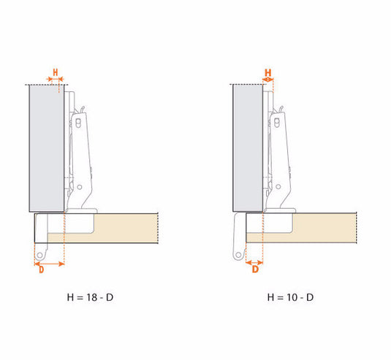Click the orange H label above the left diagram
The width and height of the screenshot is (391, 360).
56,72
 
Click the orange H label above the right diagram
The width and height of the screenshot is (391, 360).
267,73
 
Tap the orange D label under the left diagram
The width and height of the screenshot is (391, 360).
42,269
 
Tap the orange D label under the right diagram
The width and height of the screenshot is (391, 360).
255,269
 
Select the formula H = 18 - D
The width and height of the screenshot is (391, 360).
90,297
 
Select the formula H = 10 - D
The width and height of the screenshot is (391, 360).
290,297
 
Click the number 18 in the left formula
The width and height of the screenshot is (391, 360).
92,297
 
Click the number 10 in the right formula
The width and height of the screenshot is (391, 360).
292,297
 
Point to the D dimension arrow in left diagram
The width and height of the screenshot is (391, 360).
50,264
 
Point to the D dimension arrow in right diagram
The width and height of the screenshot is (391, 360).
254,263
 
